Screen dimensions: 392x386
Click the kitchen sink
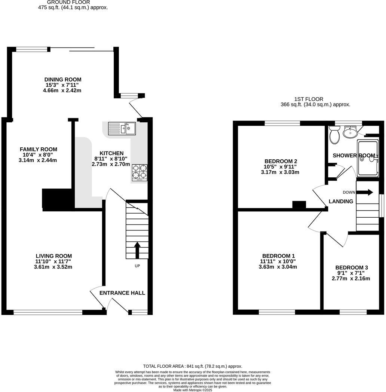click(122, 129)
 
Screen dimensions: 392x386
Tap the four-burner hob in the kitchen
click(139, 172)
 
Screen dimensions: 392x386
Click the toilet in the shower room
click(334, 135)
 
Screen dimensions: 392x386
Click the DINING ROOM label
click(63, 80)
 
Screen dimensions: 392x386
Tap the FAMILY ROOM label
click(39, 149)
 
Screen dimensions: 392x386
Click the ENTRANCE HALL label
click(122, 293)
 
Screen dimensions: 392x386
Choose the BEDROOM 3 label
click(351, 267)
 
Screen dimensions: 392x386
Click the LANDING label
click(341, 202)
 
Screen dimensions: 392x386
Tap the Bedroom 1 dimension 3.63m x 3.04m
click(278, 267)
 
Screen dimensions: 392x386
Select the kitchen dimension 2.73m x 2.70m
click(111, 164)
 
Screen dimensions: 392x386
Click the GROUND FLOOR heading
click(68, 2)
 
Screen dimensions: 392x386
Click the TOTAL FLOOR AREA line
click(193, 366)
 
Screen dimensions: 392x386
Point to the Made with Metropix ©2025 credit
click(193, 390)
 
